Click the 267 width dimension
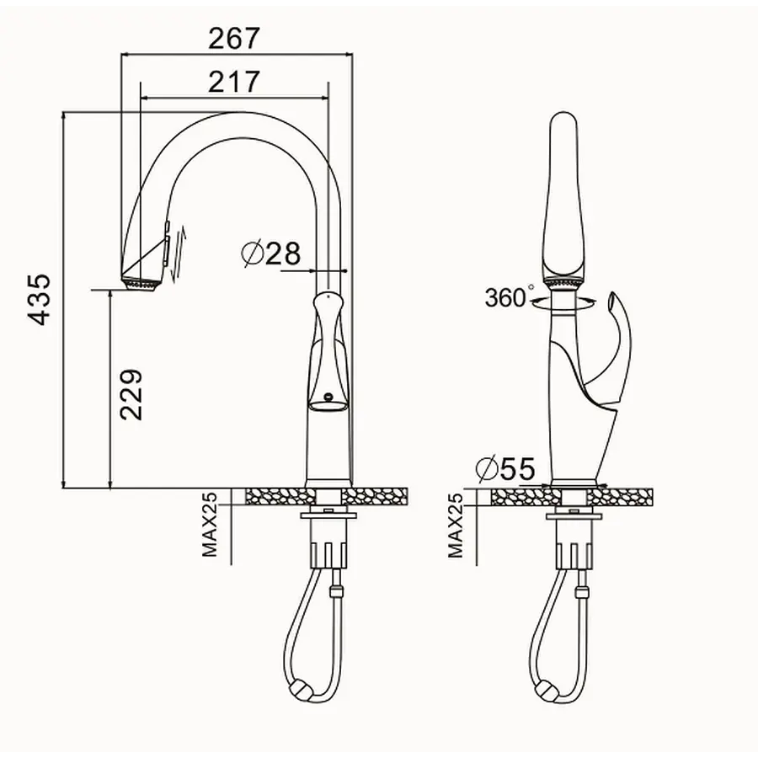point(234,38)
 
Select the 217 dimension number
point(234,82)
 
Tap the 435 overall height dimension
point(39,300)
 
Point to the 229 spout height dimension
point(131,394)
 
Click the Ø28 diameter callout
point(270,253)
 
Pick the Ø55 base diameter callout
point(505,469)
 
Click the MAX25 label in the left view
point(210,525)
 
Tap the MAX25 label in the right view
point(456,526)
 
